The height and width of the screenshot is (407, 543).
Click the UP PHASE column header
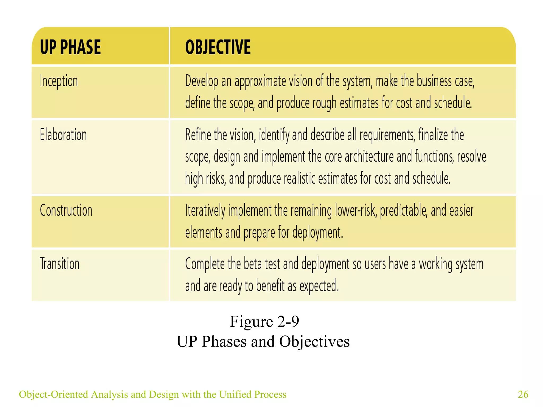[70, 47]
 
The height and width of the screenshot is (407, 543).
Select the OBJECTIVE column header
[218, 47]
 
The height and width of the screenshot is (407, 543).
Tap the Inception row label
[59, 81]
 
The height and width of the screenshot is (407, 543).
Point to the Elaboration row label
[63, 135]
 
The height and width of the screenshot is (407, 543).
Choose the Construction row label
[66, 210]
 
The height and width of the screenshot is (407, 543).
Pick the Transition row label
[60, 264]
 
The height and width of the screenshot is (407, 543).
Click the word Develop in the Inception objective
[202, 81]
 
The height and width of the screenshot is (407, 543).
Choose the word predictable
[404, 211]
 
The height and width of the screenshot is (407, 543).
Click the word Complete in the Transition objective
[205, 264]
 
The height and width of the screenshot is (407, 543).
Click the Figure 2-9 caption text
[264, 321]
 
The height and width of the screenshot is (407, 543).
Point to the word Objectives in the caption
[314, 341]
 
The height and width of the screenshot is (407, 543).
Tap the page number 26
[523, 394]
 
